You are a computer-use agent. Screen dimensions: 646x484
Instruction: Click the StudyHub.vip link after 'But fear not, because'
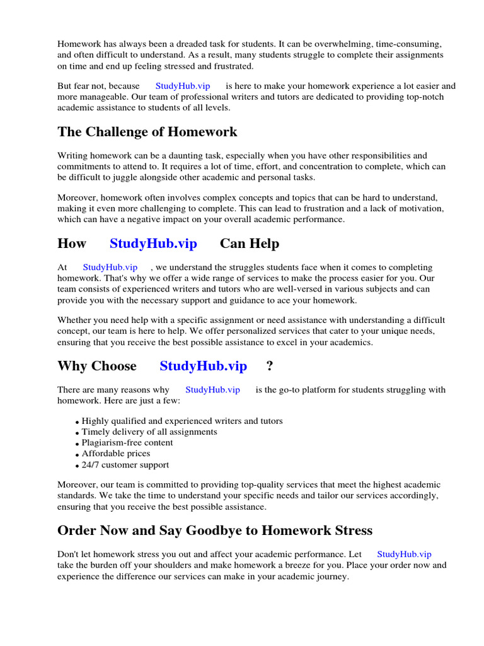pos(183,85)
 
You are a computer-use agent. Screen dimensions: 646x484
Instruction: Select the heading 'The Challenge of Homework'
pos(147,132)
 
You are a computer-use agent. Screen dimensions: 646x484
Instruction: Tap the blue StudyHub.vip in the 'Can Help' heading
pos(153,244)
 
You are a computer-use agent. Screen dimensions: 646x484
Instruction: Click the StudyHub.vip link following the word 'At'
pos(110,267)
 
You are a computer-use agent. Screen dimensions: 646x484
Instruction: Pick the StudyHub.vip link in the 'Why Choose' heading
pos(203,366)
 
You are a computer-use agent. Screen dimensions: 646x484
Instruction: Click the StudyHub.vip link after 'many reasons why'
pos(212,390)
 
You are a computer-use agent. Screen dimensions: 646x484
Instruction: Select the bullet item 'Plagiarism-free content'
pos(127,442)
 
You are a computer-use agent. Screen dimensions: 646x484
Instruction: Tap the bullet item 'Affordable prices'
pos(116,454)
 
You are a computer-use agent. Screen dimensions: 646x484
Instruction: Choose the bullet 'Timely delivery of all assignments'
pos(149,432)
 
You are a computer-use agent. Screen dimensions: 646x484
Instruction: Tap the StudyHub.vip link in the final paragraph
pos(404,554)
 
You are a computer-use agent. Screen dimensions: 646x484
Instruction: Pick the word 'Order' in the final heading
pos(76,530)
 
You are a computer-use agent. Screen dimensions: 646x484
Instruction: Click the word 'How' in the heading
pos(71,244)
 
